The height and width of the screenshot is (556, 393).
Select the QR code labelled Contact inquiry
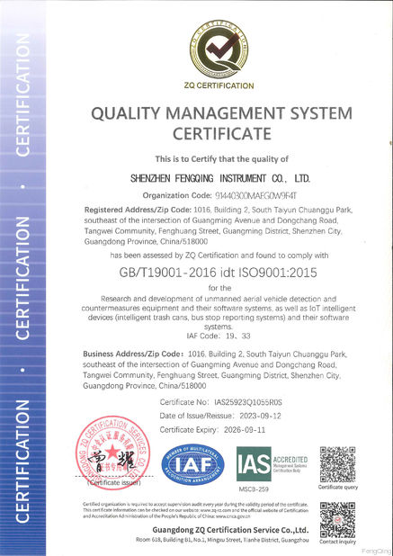click(338, 519)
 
